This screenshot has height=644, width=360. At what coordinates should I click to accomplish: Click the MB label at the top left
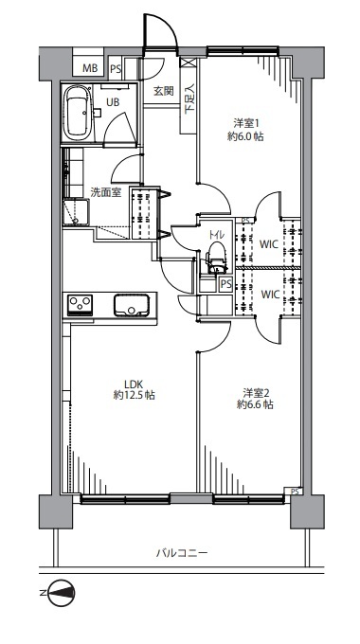[x=90, y=68]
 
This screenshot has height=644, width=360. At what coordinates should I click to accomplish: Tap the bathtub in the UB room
[x=78, y=112]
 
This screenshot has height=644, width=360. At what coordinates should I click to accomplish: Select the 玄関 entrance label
[x=164, y=91]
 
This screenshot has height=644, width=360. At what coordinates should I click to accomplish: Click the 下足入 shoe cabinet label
[x=189, y=98]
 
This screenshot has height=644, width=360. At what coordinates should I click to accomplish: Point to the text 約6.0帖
[x=245, y=136]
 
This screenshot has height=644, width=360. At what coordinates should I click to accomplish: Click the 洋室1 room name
[x=246, y=123]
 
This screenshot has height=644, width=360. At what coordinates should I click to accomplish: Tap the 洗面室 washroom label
[x=105, y=192]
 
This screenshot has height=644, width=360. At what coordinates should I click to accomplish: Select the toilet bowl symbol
[x=216, y=258]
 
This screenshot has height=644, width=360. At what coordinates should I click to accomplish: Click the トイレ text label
[x=216, y=235]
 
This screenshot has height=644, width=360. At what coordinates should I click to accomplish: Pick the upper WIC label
[x=269, y=244]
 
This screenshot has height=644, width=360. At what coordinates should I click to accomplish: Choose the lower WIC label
[x=270, y=295]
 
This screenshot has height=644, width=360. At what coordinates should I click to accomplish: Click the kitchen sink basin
[x=132, y=305]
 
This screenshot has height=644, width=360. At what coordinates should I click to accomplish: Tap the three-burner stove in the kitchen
[x=80, y=305]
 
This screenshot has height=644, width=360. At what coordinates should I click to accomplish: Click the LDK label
[x=134, y=385]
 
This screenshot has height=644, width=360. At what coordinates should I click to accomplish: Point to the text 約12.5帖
[x=134, y=396]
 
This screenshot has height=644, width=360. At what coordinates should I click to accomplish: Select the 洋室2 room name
[x=255, y=393]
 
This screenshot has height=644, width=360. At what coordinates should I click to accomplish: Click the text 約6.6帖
[x=255, y=405]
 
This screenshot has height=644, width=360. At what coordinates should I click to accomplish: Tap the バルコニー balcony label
[x=182, y=553]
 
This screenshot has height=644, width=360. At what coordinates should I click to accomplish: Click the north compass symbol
[x=61, y=593]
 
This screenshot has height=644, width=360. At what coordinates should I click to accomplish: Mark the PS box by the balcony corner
[x=295, y=492]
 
